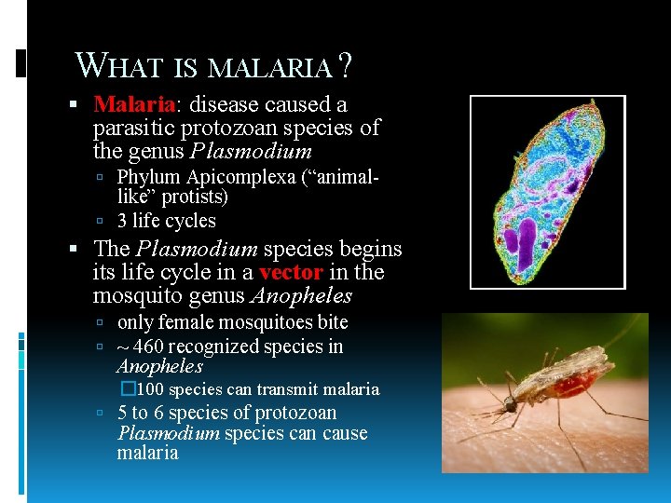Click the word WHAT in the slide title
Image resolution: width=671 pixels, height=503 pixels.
point(118,65)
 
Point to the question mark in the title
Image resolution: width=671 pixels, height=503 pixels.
point(345,65)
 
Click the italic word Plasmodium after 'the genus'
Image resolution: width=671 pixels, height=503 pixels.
point(251,151)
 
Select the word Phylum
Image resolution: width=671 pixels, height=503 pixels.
point(149,177)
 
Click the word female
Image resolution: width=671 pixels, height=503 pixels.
point(186,322)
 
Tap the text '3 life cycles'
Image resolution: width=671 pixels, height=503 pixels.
point(167,221)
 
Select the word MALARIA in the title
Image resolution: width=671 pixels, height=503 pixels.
point(269,67)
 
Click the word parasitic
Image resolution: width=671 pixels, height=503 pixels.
point(133,128)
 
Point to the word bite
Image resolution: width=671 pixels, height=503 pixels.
point(332,322)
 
